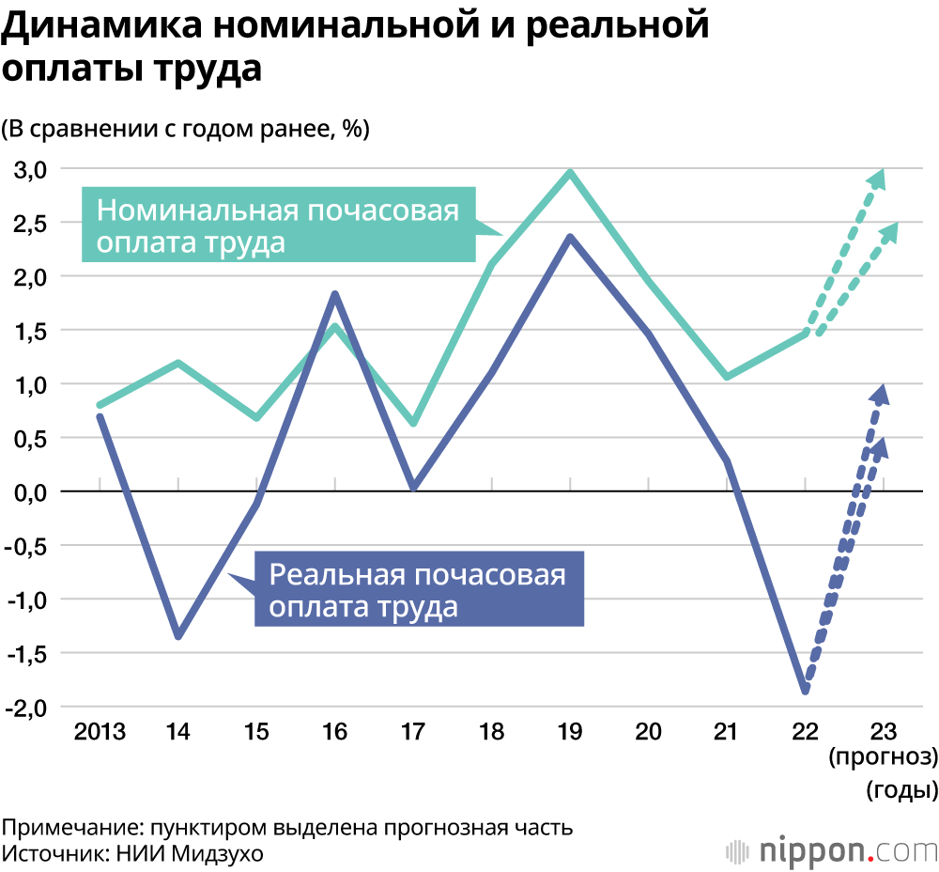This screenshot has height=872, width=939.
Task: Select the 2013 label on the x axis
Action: tap(100, 731)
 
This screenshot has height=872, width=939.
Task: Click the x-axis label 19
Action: tap(570, 731)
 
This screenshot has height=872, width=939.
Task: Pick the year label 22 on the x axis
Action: tap(806, 731)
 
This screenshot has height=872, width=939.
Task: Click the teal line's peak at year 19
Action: tap(570, 172)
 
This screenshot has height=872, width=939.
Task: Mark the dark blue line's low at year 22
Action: tap(805, 691)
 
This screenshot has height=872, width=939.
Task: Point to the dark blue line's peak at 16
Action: tap(335, 294)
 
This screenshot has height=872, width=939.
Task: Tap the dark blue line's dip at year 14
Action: tap(178, 636)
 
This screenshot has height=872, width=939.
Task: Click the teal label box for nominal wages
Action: tap(278, 225)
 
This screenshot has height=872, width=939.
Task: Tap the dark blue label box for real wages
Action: tap(419, 589)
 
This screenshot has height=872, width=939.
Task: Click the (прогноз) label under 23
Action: tap(883, 757)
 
